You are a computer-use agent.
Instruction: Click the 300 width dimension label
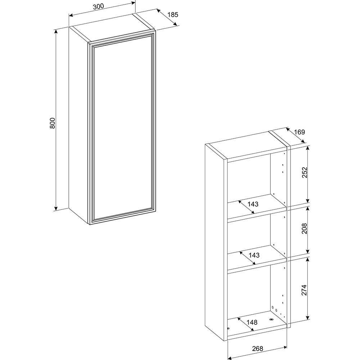pyautogui.click(x=98, y=6)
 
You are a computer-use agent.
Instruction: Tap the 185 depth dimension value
pyautogui.click(x=173, y=15)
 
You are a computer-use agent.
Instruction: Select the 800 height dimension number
pyautogui.click(x=53, y=123)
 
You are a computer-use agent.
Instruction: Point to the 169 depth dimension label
pyautogui.click(x=300, y=132)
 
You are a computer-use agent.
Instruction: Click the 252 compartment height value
pyautogui.click(x=304, y=172)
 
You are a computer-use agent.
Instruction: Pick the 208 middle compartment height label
pyautogui.click(x=304, y=229)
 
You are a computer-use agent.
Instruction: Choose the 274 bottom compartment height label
pyautogui.click(x=304, y=290)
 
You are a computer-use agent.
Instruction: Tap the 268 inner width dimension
pyautogui.click(x=257, y=348)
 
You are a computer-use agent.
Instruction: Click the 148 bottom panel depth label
pyautogui.click(x=252, y=322)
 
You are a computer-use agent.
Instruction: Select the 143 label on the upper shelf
pyautogui.click(x=253, y=204)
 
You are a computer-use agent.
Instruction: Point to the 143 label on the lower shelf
pyautogui.click(x=254, y=255)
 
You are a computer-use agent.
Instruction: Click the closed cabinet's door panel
pyautogui.click(x=122, y=129)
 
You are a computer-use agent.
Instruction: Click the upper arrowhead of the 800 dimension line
pyautogui.click(x=56, y=31)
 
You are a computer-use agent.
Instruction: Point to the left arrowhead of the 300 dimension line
pyautogui.click(x=71, y=15)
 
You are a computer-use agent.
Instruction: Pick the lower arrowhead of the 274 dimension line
pyautogui.click(x=308, y=318)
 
